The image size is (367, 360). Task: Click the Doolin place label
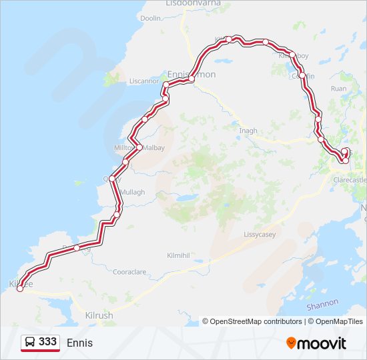151,18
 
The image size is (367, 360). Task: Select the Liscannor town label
145,81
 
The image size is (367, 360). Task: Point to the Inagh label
248,131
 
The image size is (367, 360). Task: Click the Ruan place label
339,88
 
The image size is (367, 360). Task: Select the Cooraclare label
129,272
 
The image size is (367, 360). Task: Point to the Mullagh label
132,192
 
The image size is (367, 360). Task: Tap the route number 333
47,342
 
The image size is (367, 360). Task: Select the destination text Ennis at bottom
80,343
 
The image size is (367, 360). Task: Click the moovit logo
316,343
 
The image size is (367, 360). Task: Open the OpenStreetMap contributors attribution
252,321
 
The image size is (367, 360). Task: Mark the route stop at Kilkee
20,288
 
